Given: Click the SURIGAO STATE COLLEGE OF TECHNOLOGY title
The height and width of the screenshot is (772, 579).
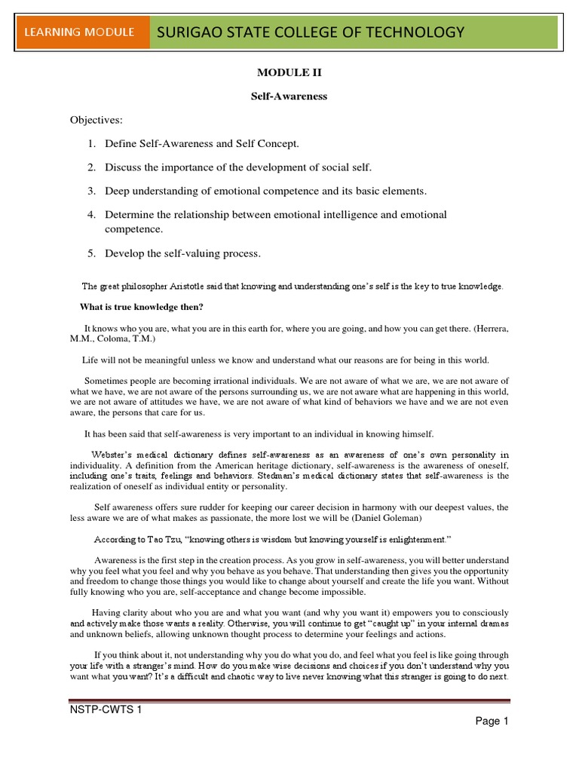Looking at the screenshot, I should coord(309,32).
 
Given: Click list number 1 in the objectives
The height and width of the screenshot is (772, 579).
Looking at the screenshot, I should coord(90,143).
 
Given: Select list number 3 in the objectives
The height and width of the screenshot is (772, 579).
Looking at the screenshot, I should coord(90,191).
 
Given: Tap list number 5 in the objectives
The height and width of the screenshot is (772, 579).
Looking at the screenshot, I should coord(90,253).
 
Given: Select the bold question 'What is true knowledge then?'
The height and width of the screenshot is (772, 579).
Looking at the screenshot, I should coord(142,306).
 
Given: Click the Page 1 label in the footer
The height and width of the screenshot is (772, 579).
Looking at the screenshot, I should coord(492,721).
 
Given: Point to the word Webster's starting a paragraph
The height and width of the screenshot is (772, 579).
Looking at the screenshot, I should coord(116,455).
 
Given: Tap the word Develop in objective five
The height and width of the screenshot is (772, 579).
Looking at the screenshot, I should coord(123,253).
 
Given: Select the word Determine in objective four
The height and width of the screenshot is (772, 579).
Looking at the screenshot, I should coord(128,215).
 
